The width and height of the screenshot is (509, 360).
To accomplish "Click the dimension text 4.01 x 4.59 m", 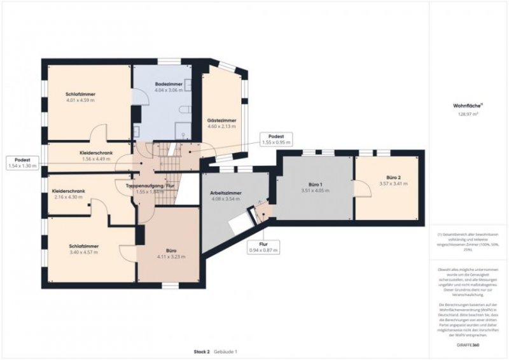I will [x=80, y=100].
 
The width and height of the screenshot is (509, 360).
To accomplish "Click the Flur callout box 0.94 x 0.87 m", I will [x=263, y=249].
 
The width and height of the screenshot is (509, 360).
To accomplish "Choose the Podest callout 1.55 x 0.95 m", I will [x=275, y=139].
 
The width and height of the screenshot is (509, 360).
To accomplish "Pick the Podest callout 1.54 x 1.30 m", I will [x=22, y=163].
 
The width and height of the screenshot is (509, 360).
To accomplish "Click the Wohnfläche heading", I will [x=466, y=106].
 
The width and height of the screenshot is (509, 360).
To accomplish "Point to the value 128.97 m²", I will [x=468, y=114].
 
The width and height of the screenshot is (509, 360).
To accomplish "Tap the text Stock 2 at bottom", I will [x=202, y=352].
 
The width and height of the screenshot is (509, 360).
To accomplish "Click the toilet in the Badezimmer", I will [x=185, y=111].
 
